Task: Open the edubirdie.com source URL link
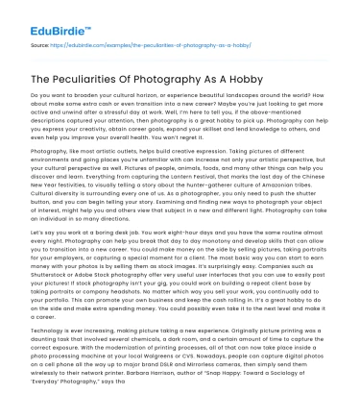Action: tap(134, 44)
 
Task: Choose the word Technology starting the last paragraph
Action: tap(49, 328)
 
